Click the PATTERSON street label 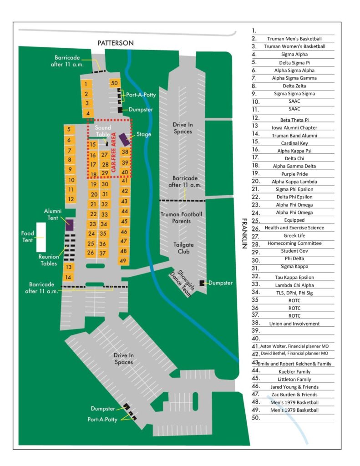coord(116,42)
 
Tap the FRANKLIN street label coord(244,233)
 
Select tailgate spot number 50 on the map coord(114,83)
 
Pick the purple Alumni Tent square coord(70,224)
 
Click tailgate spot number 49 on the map coord(123,261)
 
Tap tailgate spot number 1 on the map coord(86,84)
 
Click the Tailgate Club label coord(181,248)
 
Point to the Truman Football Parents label coord(181,218)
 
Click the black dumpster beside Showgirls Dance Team coord(202,283)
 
